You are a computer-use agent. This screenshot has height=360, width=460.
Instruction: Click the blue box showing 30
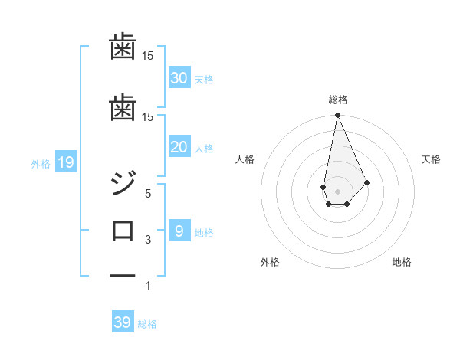click(179, 77)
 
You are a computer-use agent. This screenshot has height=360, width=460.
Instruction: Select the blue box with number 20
click(179, 147)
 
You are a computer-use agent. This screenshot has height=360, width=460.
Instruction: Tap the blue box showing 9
click(179, 231)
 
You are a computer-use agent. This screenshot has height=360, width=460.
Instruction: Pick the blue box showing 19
click(65, 162)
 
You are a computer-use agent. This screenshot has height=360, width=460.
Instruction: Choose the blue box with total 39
click(123, 322)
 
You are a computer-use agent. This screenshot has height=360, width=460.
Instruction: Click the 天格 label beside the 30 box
click(204, 79)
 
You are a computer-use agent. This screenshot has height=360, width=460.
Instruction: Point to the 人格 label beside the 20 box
click(204, 149)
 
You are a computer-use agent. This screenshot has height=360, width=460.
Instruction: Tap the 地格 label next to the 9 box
click(204, 233)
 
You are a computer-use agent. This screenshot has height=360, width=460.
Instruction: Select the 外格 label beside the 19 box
click(41, 163)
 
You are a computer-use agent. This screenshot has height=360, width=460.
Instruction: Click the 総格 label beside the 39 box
click(148, 324)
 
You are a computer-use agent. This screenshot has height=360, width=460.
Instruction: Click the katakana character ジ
click(123, 184)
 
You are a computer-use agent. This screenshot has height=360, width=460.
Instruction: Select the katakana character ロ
click(123, 230)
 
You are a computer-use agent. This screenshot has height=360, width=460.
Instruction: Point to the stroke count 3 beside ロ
click(148, 240)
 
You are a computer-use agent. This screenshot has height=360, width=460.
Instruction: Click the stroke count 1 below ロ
click(148, 286)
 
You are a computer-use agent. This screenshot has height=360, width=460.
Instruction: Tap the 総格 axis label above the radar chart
click(338, 100)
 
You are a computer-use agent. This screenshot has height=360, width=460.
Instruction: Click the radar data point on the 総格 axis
click(337, 116)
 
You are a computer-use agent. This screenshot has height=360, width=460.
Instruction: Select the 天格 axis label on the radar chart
click(432, 159)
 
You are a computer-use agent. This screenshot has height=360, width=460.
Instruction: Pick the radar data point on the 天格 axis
click(367, 182)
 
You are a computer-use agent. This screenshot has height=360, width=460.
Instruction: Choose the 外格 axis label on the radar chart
click(270, 262)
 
